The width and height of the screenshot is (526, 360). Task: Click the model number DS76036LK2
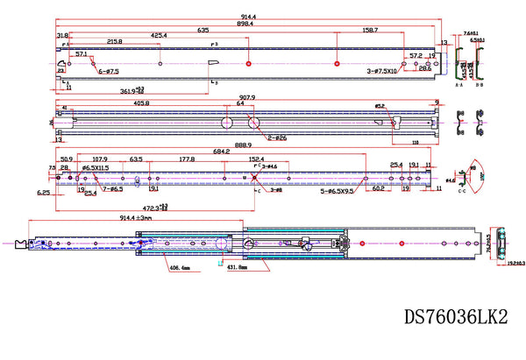tap(456, 315)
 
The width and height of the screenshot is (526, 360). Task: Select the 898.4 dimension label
tap(244, 25)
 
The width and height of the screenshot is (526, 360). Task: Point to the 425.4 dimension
tap(159, 36)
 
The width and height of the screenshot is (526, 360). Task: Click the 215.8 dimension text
tap(114, 41)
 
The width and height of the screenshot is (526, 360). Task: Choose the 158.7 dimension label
tap(369, 30)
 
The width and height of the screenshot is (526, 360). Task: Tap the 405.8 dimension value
tap(140, 103)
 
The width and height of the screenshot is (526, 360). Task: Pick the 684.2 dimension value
tap(220, 152)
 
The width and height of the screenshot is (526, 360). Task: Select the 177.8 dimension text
tap(186, 160)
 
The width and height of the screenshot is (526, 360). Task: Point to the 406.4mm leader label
tap(181, 269)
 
